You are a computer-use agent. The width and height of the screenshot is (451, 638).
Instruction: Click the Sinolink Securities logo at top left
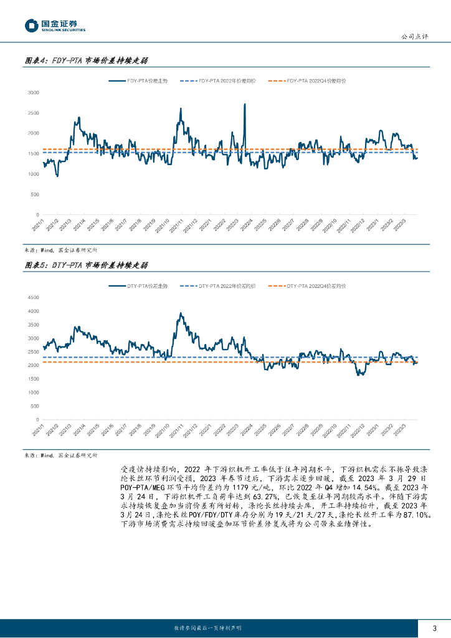pos(55,26)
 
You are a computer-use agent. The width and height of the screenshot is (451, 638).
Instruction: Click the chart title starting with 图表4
pos(85,61)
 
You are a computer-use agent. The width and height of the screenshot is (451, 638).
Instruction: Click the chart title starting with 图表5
pos(85,265)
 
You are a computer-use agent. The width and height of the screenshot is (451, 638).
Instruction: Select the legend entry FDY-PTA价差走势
pos(138,81)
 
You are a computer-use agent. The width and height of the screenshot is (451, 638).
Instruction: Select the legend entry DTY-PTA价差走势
pos(139,285)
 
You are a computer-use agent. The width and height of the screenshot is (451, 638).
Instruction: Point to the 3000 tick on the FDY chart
pos(34,92)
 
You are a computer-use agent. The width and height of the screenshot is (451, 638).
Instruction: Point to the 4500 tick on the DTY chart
pos(34,297)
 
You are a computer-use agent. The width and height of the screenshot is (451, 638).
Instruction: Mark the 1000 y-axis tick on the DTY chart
pos(34,393)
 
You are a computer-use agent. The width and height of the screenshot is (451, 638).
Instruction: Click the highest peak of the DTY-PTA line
pos(181,313)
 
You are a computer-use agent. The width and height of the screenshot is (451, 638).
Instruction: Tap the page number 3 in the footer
pos(434,627)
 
